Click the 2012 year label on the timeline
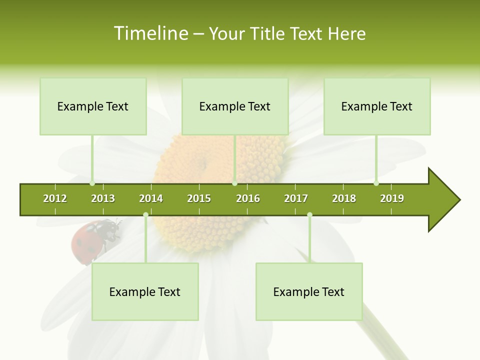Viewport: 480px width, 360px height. click(x=55, y=198)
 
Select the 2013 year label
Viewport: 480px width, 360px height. click(x=103, y=198)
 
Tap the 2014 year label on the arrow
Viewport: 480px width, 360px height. click(x=151, y=198)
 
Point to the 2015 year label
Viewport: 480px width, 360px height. click(x=199, y=198)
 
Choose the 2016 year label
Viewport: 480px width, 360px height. click(x=248, y=198)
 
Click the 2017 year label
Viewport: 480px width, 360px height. click(x=296, y=198)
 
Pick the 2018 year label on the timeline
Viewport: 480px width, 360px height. click(x=344, y=198)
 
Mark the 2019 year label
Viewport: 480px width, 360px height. click(x=392, y=198)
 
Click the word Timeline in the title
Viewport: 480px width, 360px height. click(x=150, y=33)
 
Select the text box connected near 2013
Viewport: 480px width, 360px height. click(x=93, y=106)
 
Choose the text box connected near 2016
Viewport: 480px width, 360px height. click(x=235, y=106)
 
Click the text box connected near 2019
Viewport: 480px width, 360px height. click(x=377, y=106)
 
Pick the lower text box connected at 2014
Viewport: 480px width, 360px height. click(x=145, y=292)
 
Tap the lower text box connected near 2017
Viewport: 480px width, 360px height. click(x=309, y=292)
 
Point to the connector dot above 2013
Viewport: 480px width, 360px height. click(x=92, y=183)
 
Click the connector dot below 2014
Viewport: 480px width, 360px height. click(x=145, y=215)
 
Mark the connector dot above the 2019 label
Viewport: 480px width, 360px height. click(x=376, y=183)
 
